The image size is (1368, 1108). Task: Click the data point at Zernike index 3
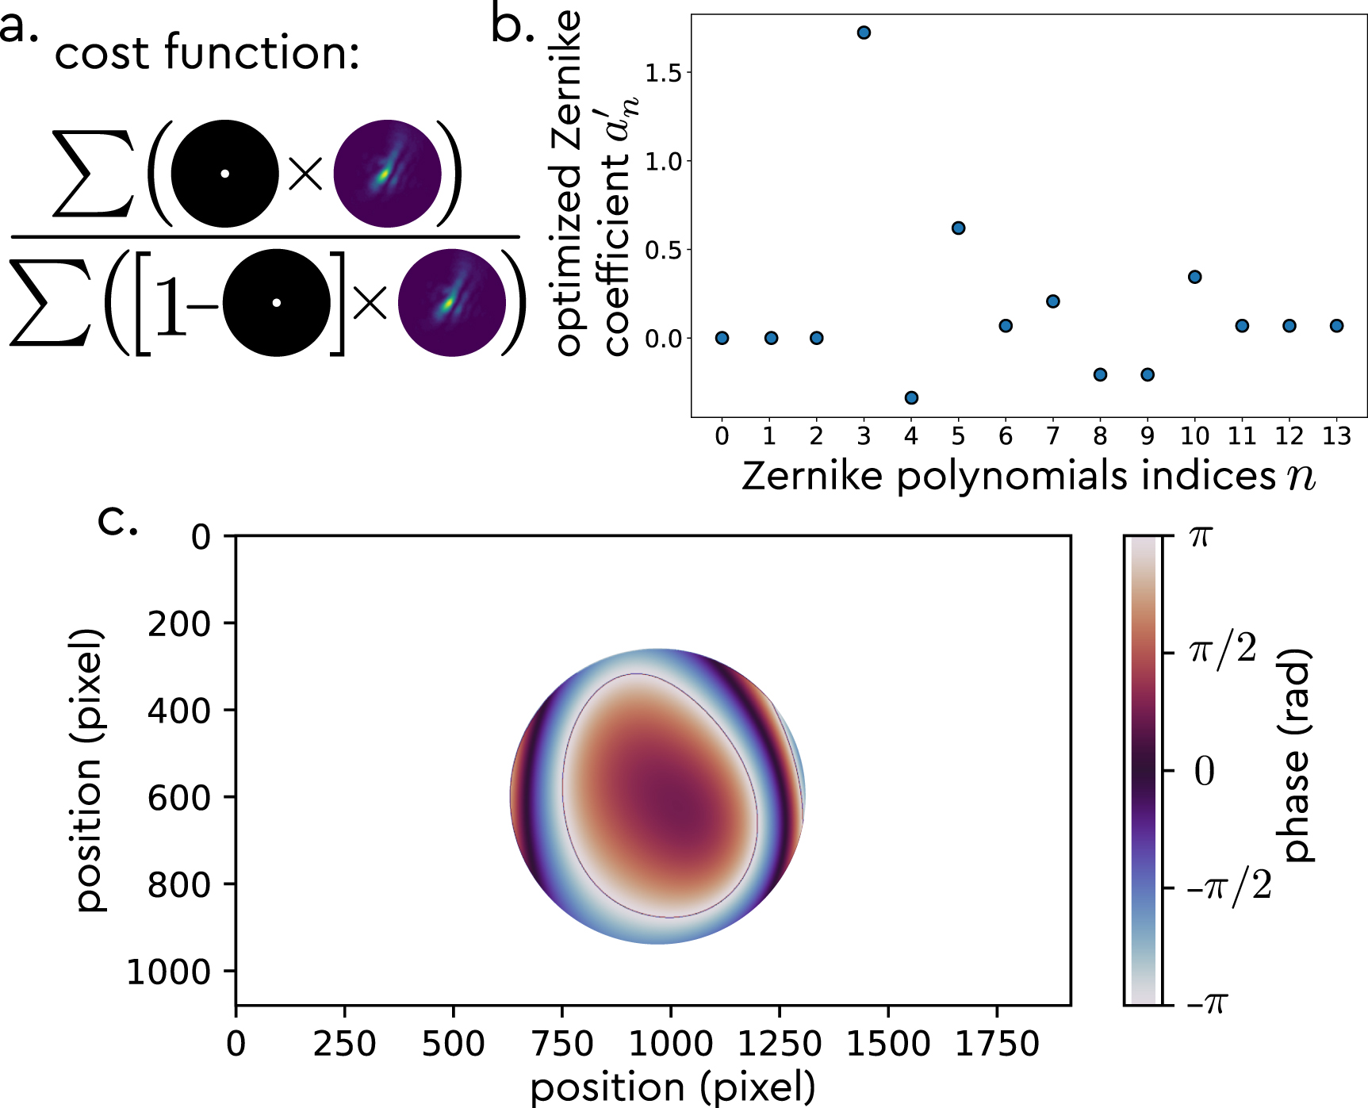pos(864,33)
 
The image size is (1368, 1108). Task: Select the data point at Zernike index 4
pos(911,397)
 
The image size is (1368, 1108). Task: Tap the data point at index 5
pos(958,228)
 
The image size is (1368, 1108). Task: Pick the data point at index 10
pos(1194,277)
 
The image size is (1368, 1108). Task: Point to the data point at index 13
pos(1336,325)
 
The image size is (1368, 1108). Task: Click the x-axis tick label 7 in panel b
pos(1052,436)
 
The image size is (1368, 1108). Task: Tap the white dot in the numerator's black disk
pos(224,174)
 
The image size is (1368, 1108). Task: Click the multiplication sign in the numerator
pos(305,174)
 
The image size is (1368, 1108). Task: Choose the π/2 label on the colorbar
pos(1222,650)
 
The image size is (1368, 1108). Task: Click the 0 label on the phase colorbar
pos(1204,770)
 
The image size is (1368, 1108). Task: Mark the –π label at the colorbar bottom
pos(1206,1003)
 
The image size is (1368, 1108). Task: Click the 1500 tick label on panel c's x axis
pos(888,1044)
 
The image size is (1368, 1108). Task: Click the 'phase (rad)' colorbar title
pos(1296,756)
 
